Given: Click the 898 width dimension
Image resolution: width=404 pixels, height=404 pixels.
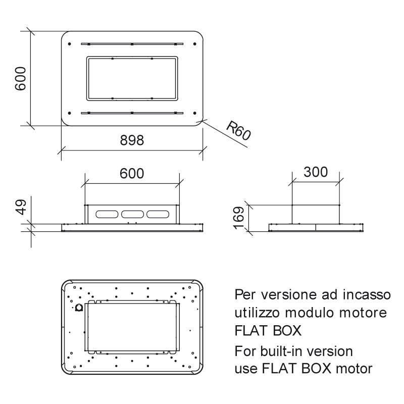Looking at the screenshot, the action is coord(132,140).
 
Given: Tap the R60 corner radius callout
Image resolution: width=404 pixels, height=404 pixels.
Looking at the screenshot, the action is coord(238,131).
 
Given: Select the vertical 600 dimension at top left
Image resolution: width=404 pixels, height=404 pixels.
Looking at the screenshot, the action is coord(20,79).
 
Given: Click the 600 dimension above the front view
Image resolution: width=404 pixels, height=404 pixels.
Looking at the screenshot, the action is coord(132,173).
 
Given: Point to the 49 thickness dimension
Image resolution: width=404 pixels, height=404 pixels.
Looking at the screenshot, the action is coord(20,207).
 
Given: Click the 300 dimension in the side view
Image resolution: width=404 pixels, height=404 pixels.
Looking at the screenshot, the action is coord(316,172).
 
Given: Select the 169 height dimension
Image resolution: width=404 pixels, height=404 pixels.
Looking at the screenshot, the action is coord(238,218).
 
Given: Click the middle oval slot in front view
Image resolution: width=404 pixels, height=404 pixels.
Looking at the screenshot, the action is coord(132,214).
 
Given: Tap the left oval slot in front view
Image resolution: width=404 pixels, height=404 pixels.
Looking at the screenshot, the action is coord(107,214).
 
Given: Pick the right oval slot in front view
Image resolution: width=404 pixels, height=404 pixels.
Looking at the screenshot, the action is coord(158,214).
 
